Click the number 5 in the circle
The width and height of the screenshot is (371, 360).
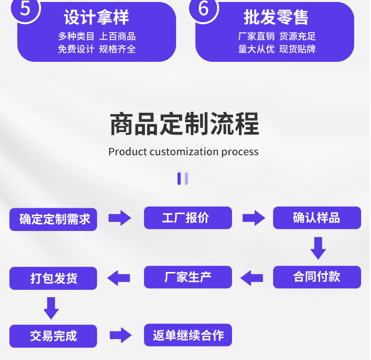(25, 8)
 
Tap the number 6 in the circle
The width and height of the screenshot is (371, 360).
(203, 8)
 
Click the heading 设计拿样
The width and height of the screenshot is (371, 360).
(96, 18)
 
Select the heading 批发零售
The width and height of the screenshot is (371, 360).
(276, 18)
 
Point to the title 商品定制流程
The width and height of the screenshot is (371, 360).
(184, 124)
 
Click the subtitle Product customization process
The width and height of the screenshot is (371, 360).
(184, 151)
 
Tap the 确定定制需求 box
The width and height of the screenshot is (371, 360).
(53, 219)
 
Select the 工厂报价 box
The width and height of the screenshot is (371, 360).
(187, 218)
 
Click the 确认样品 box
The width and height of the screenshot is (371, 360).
(317, 218)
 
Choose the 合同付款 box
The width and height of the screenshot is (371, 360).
(317, 277)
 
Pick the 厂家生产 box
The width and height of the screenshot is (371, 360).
(187, 277)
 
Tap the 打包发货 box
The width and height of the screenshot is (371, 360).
(53, 278)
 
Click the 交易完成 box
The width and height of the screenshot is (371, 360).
(53, 336)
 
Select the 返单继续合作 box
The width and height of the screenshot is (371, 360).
(187, 335)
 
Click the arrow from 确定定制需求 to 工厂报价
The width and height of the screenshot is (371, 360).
(120, 218)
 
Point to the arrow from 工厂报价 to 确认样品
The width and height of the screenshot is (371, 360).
(253, 218)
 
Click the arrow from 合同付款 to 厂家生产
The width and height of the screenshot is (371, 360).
(252, 278)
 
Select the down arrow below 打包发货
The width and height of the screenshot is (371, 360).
(51, 308)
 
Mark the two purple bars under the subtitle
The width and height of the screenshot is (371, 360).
(183, 179)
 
